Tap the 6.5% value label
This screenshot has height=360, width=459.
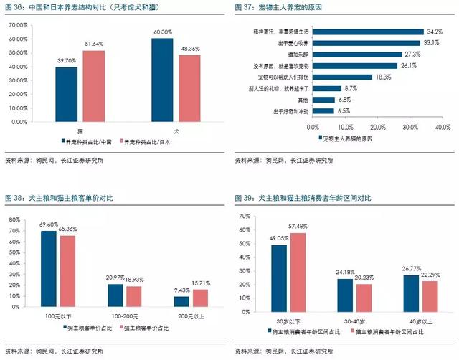(x=344, y=110)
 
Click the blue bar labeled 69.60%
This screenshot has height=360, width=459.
(x=48, y=268)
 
